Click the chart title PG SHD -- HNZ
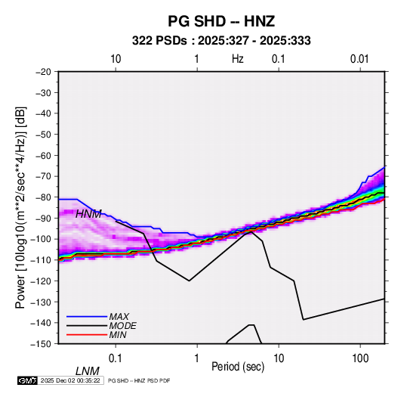[221, 21]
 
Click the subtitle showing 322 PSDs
[221, 41]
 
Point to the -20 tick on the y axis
[43, 72]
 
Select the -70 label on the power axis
[43, 176]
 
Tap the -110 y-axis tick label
[42, 260]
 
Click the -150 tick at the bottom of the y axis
[42, 344]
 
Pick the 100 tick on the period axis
[360, 358]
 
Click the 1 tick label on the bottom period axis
[197, 358]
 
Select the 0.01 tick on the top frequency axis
[359, 59]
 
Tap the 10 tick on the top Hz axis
[116, 59]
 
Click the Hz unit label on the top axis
[238, 59]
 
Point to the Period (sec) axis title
[238, 367]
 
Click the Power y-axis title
[20, 208]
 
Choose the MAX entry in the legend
[119, 317]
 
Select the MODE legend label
[122, 326]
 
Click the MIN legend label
[118, 335]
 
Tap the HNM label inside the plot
[88, 214]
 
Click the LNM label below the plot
[88, 371]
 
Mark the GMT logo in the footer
[28, 380]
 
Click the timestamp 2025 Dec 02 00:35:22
[70, 380]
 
